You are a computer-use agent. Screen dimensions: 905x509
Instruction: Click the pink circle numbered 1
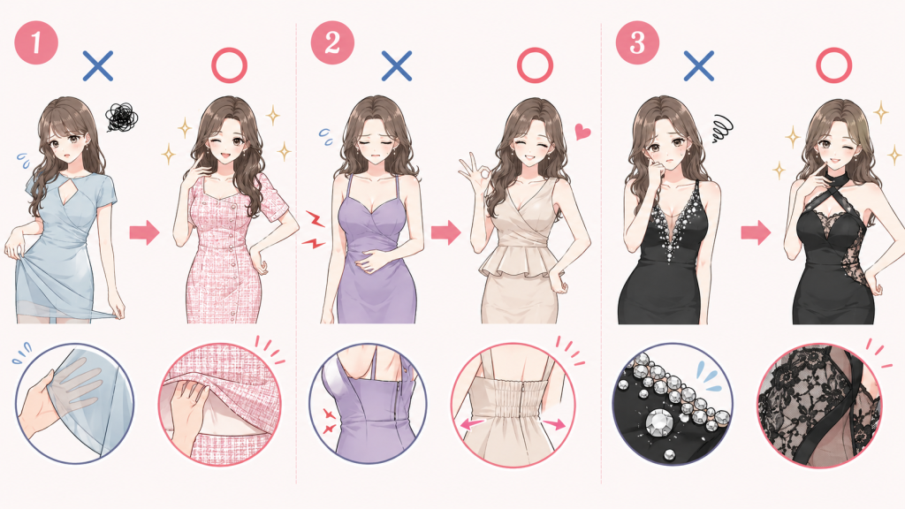point(36,42)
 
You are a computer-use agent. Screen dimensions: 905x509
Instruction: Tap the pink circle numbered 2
point(332,42)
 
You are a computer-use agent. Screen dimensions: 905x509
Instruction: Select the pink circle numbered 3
point(637,42)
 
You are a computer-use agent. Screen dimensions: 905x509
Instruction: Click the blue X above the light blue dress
point(97,65)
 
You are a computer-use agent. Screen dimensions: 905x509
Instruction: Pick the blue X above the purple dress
point(397,65)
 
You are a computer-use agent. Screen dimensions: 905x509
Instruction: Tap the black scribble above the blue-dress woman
point(121,118)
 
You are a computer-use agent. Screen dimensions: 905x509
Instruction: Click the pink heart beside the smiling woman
point(582,133)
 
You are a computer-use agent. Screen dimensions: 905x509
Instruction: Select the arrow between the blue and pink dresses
point(144,232)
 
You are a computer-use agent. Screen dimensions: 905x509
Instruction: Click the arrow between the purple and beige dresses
point(445,232)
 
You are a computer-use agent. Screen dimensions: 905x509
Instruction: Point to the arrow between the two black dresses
point(757,232)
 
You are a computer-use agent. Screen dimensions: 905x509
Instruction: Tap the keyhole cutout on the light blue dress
point(73,192)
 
